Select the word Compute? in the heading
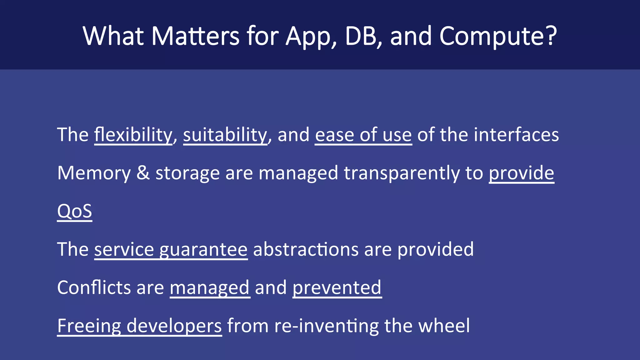(498, 37)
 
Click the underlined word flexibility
(133, 135)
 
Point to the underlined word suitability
(225, 135)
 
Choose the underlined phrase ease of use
(363, 135)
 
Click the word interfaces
(516, 135)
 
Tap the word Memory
(94, 173)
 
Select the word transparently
(402, 173)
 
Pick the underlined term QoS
(74, 211)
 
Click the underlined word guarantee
(203, 250)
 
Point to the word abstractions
(306, 249)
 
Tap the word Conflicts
(94, 287)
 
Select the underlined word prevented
(337, 287)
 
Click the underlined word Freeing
(89, 326)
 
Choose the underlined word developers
(174, 326)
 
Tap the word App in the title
(311, 37)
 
